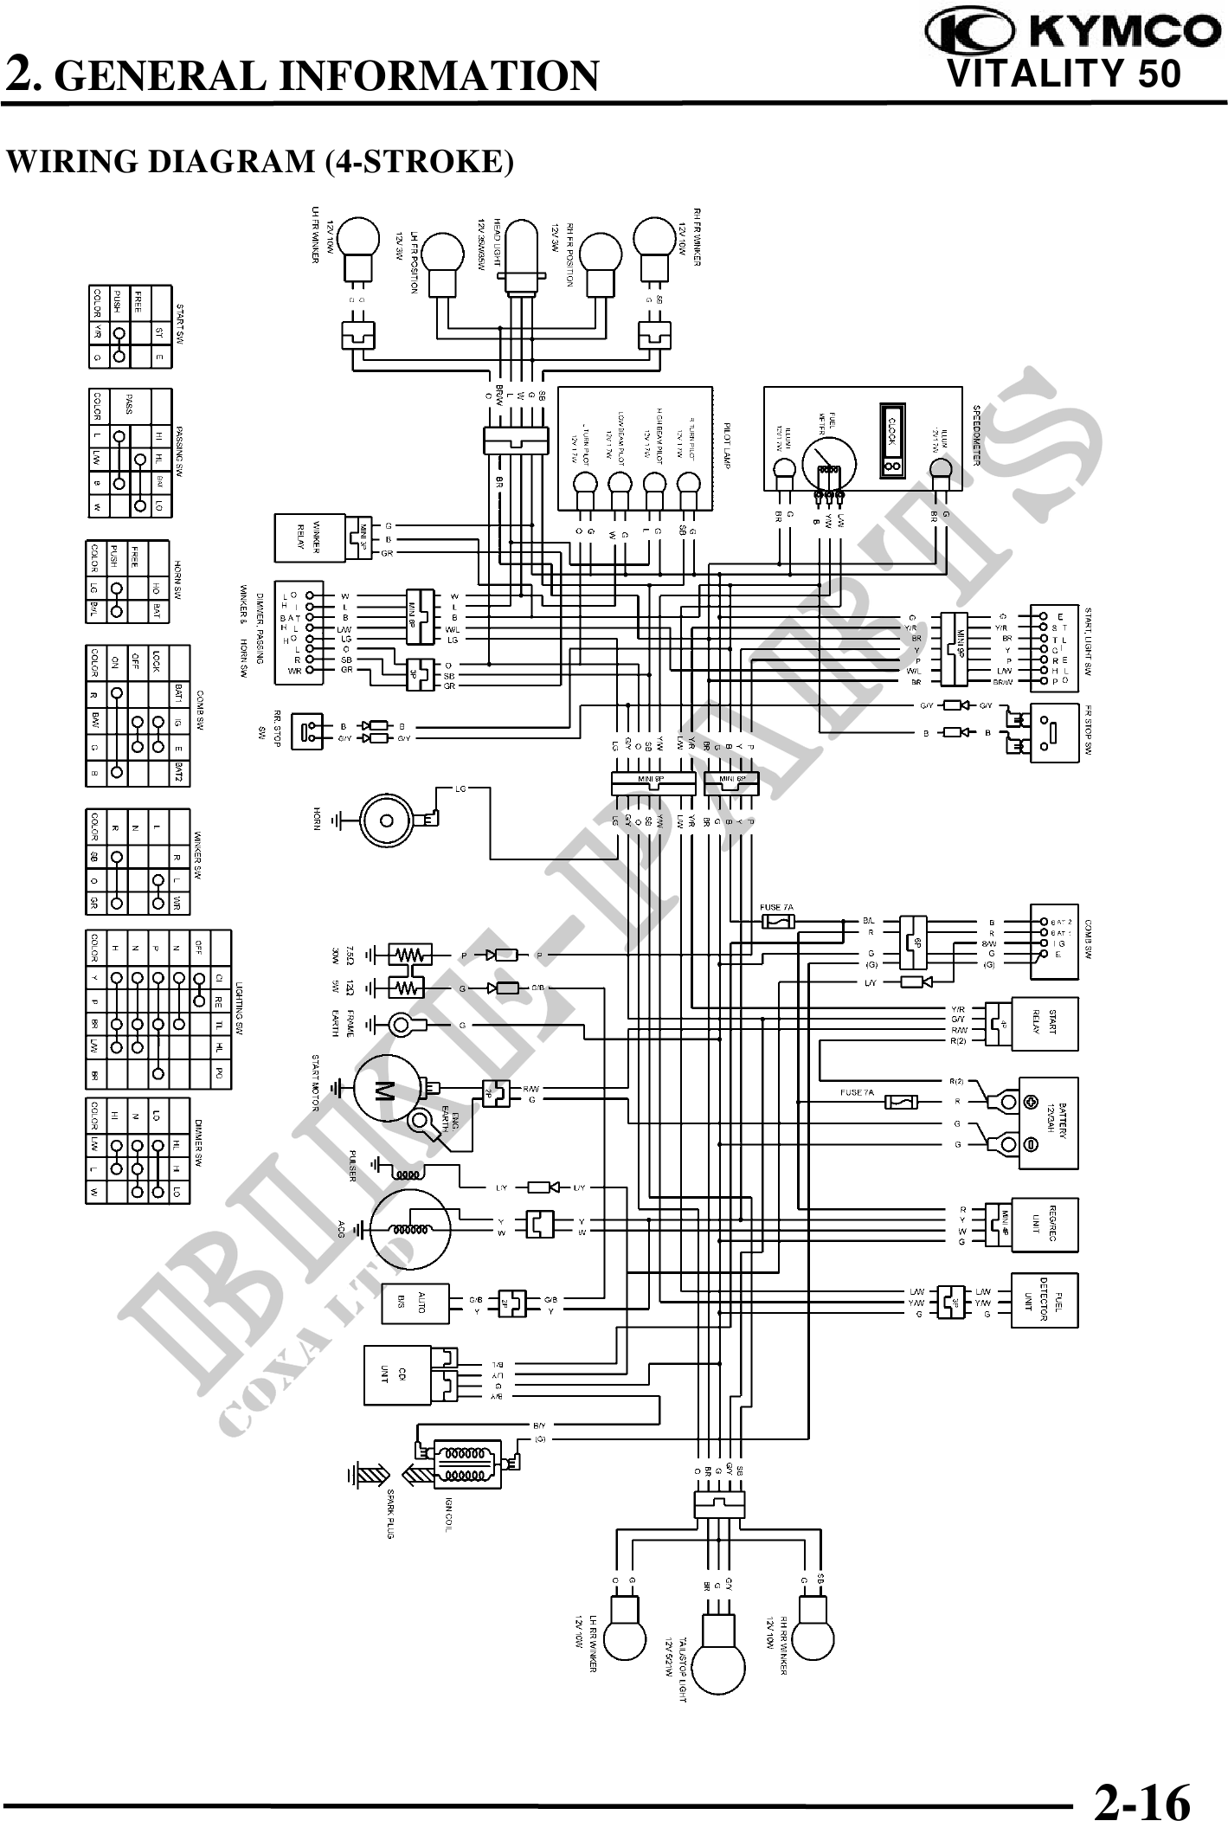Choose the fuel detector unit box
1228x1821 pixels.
[1045, 1301]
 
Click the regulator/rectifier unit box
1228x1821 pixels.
[1045, 1225]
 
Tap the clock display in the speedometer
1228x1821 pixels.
[892, 439]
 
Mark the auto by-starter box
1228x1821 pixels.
[415, 1303]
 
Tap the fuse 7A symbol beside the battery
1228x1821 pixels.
[903, 1103]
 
